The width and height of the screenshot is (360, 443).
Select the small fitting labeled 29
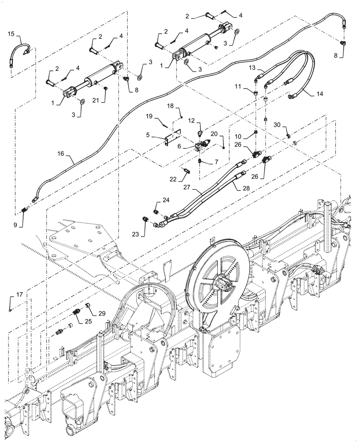[x=87, y=305]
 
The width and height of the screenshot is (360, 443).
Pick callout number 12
[x=192, y=120]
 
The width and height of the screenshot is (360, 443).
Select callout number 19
[x=149, y=116]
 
